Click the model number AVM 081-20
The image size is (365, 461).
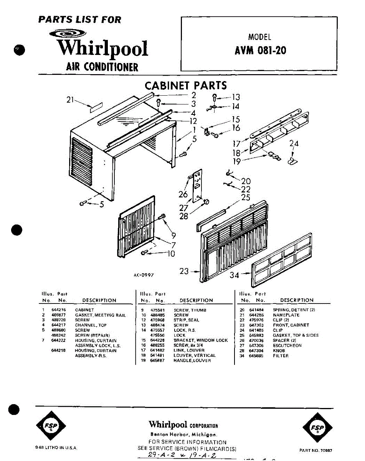(260, 51)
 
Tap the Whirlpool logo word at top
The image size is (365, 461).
(102, 48)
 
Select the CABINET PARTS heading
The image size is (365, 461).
(185, 86)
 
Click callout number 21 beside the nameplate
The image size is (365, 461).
(69, 100)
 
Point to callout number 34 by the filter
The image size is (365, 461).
(235, 275)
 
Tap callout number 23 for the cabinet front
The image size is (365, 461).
(184, 271)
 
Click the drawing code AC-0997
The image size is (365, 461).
(144, 275)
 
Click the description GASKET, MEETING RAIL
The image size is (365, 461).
(100, 315)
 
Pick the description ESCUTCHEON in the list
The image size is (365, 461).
(287, 345)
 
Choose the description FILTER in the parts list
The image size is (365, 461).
(281, 356)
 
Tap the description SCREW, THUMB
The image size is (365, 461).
(190, 310)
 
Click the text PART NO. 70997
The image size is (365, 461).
(315, 450)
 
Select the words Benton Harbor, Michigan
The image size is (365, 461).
(183, 434)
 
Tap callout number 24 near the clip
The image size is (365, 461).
(294, 144)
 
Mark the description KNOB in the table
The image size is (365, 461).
(279, 351)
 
